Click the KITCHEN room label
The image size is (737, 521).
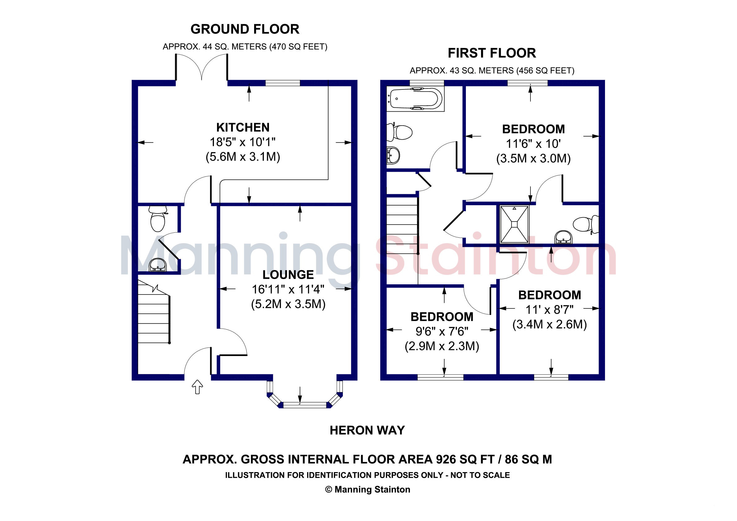pos(243,127)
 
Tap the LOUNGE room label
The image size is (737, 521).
pos(288,275)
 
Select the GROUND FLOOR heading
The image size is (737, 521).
pos(245,29)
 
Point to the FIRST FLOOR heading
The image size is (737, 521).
pos(492,53)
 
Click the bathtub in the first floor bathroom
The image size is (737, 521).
pos(415,99)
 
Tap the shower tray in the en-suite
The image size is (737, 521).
pos(514,225)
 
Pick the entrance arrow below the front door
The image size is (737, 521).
pos(198,387)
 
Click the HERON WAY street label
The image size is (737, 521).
pos(367,430)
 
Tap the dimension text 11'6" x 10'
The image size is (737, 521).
pos(533,144)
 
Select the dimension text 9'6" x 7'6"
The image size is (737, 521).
pos(442,331)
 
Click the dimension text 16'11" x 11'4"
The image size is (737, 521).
pos(288,289)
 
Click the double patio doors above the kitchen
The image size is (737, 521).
pos(201,67)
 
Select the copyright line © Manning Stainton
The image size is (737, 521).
pos(368,489)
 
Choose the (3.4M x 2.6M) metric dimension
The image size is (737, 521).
pos(550,325)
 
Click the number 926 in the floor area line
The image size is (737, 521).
pos(446,459)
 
